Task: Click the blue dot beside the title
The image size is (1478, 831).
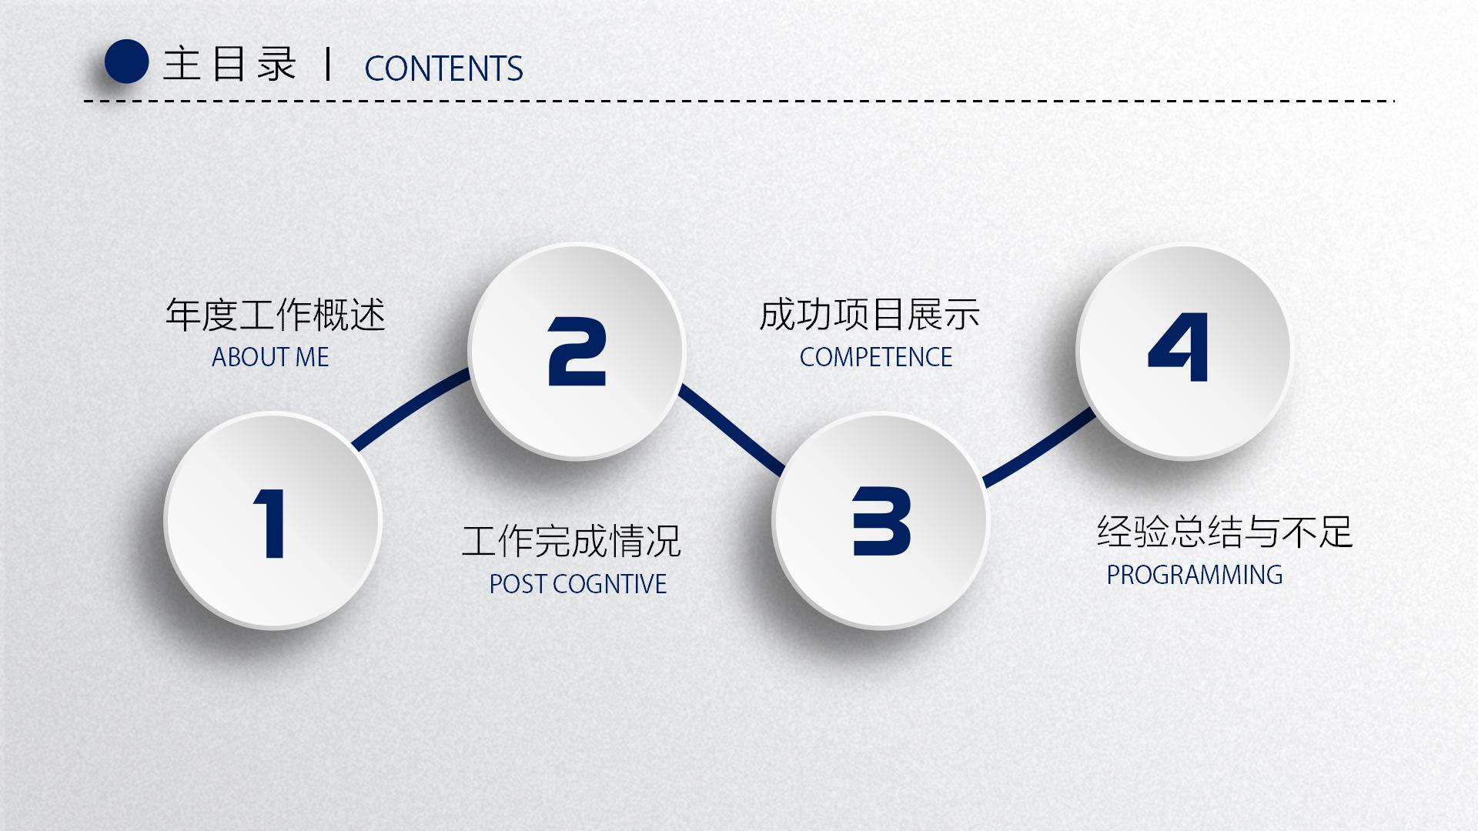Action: click(x=126, y=62)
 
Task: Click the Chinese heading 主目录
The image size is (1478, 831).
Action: click(x=229, y=64)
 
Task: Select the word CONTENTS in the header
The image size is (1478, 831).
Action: click(x=443, y=68)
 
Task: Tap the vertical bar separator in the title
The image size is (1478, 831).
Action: click(x=329, y=64)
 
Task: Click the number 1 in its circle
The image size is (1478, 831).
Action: click(x=270, y=523)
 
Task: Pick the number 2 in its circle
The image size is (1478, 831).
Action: click(x=577, y=352)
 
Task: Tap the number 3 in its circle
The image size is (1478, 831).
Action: click(x=881, y=521)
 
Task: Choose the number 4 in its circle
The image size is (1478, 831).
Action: click(x=1178, y=347)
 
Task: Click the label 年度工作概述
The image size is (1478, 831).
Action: click(x=275, y=315)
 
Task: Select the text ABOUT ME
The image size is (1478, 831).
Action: click(x=270, y=357)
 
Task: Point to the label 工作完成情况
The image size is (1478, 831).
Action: click(x=571, y=541)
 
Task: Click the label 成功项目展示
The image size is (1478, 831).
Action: click(x=869, y=315)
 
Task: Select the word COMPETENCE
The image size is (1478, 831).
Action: click(x=876, y=357)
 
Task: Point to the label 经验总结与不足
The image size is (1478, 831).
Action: click(x=1224, y=532)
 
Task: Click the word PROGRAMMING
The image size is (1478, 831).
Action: click(x=1195, y=575)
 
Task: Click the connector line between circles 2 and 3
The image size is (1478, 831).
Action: click(x=731, y=429)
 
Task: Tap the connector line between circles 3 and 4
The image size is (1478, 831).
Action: click(x=1039, y=449)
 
